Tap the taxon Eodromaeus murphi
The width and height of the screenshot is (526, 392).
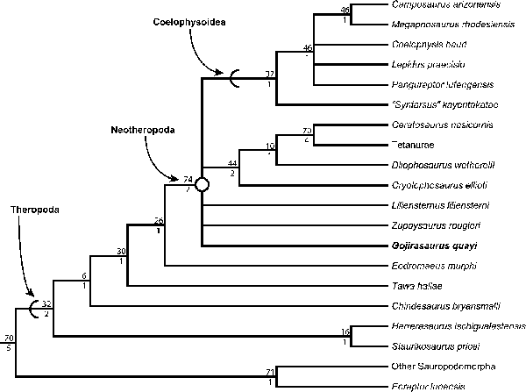point(424,266)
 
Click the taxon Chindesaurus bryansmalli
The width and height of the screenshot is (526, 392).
point(435,306)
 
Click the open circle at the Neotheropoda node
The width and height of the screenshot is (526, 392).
point(202,184)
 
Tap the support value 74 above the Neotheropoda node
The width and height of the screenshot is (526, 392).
point(188,178)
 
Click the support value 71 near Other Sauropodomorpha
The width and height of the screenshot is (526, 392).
point(272,373)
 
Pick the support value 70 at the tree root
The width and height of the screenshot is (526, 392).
point(9,338)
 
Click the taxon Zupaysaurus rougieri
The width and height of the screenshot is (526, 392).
point(428,225)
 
